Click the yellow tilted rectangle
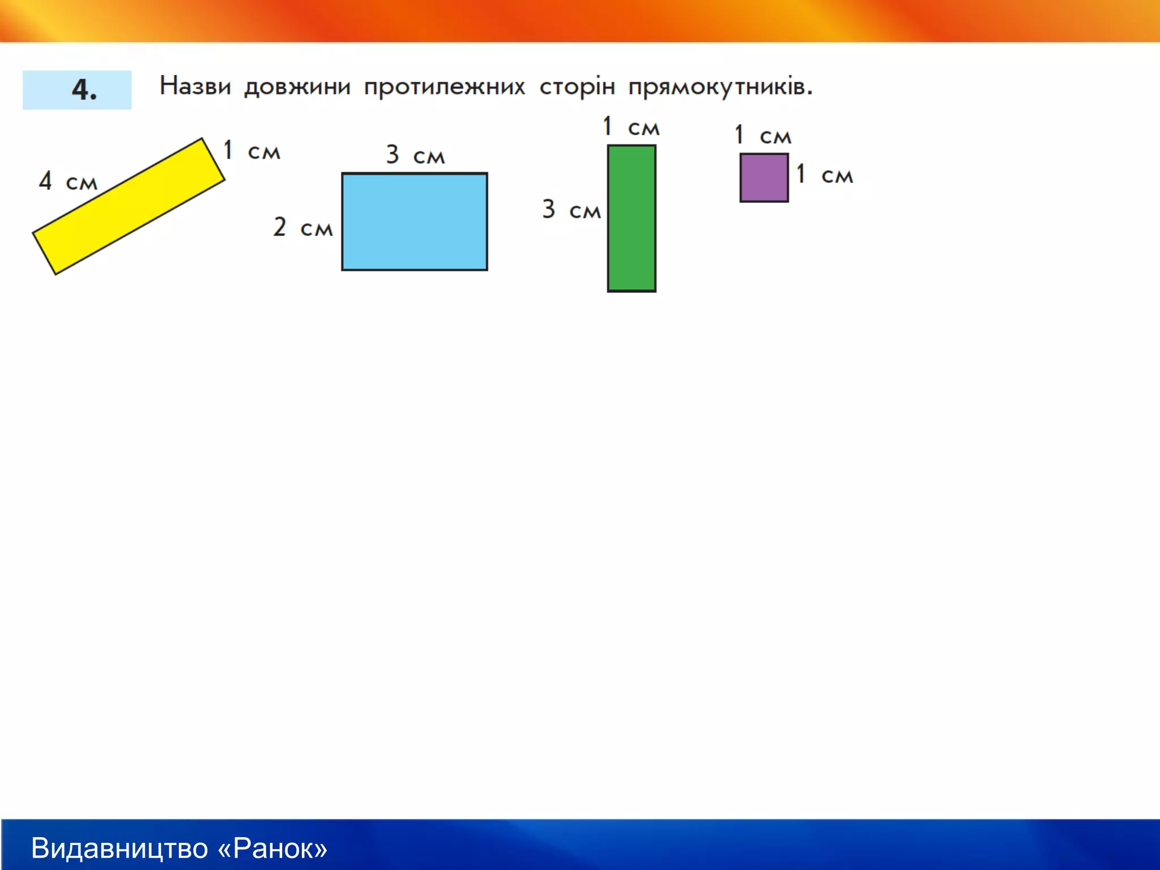(x=129, y=206)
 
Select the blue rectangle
(x=414, y=221)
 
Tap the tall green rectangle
(x=632, y=218)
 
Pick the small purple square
(x=764, y=177)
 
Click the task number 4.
(x=84, y=90)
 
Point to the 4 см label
(x=68, y=182)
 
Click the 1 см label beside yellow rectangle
(x=251, y=151)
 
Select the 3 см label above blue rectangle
(x=415, y=155)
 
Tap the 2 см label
(x=302, y=228)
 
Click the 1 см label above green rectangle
(x=631, y=127)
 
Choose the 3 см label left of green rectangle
(x=571, y=210)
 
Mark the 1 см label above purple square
(x=762, y=135)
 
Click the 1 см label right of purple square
(x=824, y=174)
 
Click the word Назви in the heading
(x=195, y=87)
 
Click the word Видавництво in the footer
(x=120, y=848)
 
